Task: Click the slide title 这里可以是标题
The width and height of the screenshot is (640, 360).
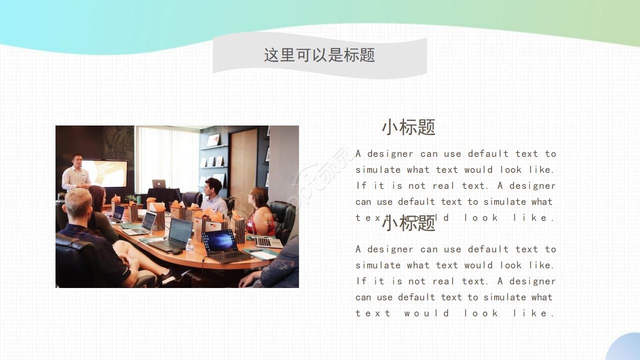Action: [x=319, y=54]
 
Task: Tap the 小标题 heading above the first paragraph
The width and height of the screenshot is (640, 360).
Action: [x=408, y=127]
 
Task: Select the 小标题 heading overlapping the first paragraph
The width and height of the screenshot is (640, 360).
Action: [x=408, y=223]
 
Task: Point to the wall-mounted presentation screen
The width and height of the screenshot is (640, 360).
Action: [x=104, y=172]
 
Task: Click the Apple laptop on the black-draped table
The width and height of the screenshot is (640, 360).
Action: [x=159, y=183]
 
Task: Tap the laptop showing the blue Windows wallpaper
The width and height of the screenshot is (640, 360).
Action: [x=220, y=241]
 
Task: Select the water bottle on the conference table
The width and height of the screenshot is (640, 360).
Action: [x=189, y=245]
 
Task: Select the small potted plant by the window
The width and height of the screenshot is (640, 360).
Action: [x=131, y=198]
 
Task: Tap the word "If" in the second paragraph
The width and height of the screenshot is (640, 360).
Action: [x=361, y=281]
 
